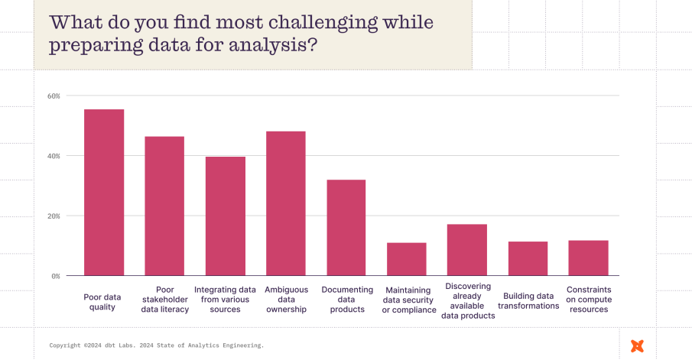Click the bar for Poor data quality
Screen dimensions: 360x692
[104, 193]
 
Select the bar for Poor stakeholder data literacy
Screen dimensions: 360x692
[164, 206]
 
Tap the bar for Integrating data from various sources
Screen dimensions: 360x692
[225, 216]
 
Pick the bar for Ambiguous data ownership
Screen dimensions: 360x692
[285, 203]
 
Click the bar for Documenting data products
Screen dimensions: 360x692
[346, 227]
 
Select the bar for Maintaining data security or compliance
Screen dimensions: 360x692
[407, 259]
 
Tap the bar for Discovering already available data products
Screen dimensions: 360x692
[467, 250]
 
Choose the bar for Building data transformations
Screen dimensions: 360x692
[528, 258]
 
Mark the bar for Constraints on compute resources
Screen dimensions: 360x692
[588, 258]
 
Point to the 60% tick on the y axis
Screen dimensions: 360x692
[54, 96]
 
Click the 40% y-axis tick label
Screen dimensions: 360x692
[54, 156]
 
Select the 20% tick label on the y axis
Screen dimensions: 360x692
[54, 216]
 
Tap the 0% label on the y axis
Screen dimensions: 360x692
[56, 276]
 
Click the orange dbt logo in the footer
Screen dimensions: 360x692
[637, 345]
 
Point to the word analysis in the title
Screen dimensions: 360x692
[265, 46]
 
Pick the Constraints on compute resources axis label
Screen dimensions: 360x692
[588, 300]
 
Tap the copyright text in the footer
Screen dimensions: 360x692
[157, 345]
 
